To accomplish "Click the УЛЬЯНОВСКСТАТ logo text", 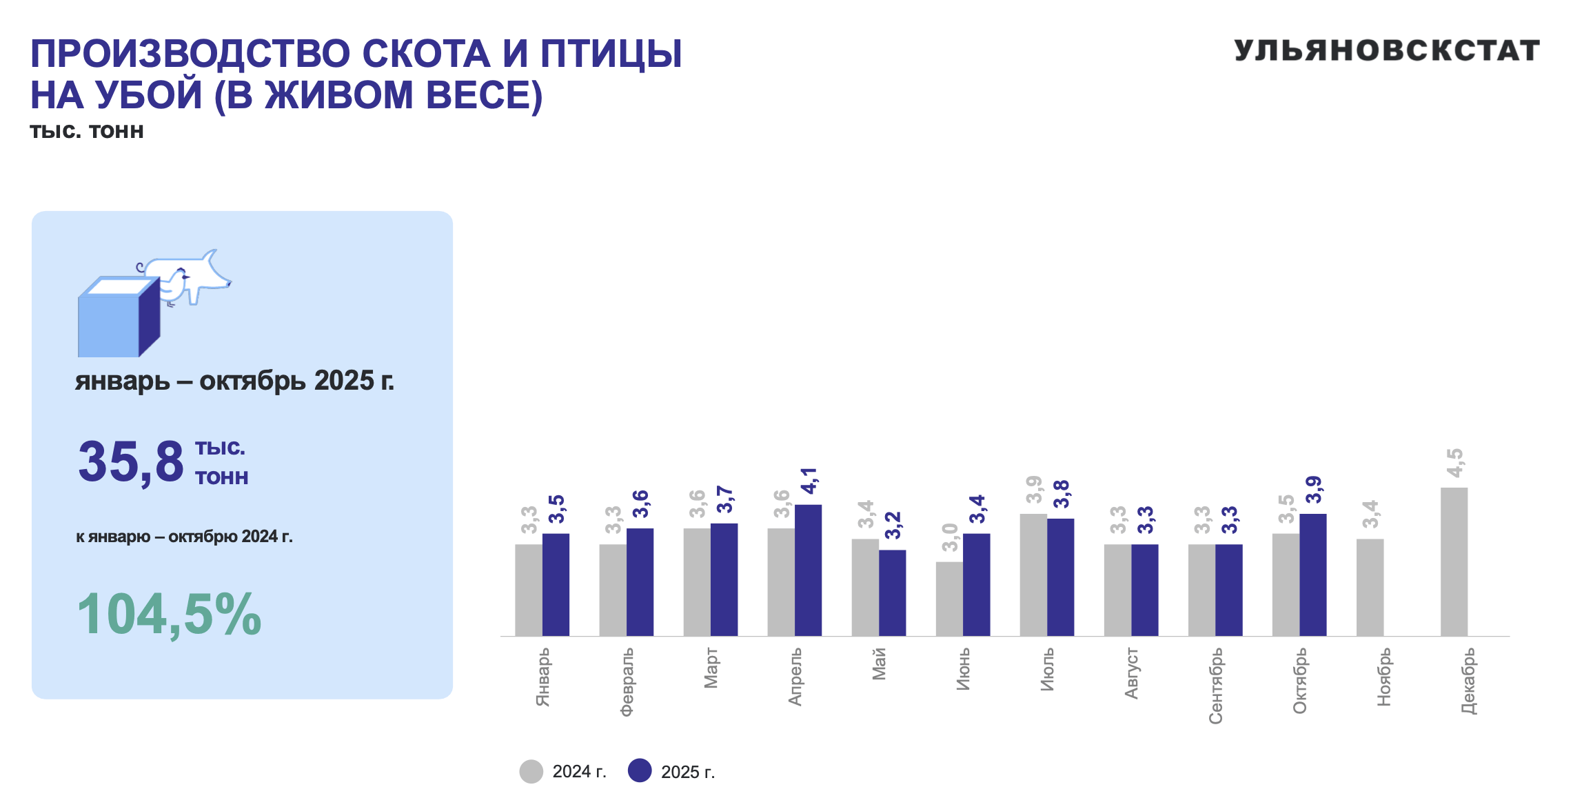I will pyautogui.click(x=1386, y=50).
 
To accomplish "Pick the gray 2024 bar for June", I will pyautogui.click(x=949, y=598).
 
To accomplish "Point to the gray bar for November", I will pyautogui.click(x=1370, y=587).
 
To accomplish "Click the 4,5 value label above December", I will pyautogui.click(x=1454, y=463).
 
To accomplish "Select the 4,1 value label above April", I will pyautogui.click(x=809, y=481).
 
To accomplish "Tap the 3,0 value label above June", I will pyautogui.click(x=950, y=537).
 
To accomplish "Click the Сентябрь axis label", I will pyautogui.click(x=1215, y=686).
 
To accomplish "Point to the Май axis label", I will pyautogui.click(x=879, y=664).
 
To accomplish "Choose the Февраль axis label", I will pyautogui.click(x=627, y=682).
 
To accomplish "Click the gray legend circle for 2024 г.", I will pyautogui.click(x=531, y=771).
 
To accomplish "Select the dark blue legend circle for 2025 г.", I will pyautogui.click(x=640, y=771).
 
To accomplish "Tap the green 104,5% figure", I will pyautogui.click(x=169, y=614).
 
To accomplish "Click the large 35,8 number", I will pyautogui.click(x=131, y=461).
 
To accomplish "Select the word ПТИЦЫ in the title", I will pyautogui.click(x=611, y=54).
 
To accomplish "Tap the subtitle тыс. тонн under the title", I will pyautogui.click(x=87, y=131).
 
